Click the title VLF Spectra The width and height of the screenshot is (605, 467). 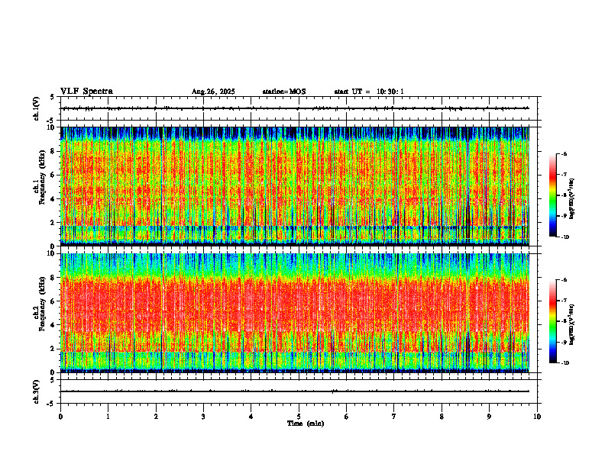[86, 92]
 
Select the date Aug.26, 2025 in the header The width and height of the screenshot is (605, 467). [213, 92]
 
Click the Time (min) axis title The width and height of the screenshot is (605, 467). [305, 424]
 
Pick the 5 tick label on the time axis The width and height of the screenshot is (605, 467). [299, 417]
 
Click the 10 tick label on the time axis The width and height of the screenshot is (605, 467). [537, 417]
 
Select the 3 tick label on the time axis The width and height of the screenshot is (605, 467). [203, 417]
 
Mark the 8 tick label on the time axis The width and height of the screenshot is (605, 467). [442, 417]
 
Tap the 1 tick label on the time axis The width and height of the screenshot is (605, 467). [108, 417]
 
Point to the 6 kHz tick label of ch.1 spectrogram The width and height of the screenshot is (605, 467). [52, 175]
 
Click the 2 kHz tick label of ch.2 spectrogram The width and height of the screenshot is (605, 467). [52, 349]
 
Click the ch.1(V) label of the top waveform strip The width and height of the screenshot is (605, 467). [36, 108]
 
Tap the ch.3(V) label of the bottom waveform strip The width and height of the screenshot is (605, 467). [36, 391]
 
